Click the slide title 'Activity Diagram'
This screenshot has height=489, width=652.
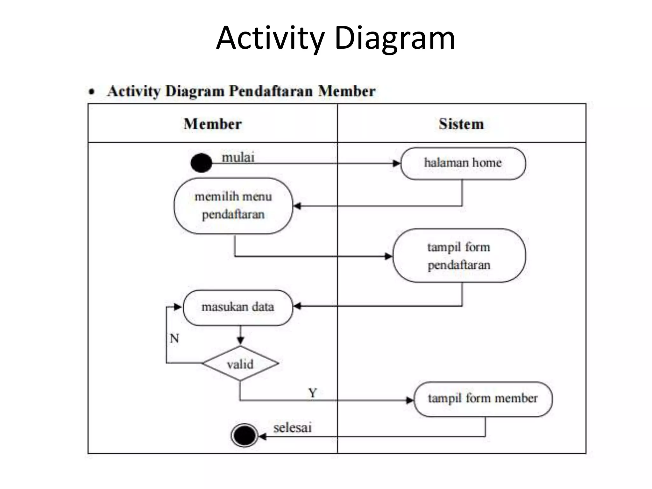(x=336, y=38)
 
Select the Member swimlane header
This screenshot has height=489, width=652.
(x=213, y=124)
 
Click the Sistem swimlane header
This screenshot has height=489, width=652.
(x=461, y=124)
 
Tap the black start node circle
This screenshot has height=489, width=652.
(x=201, y=163)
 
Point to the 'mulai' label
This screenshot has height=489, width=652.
(x=238, y=157)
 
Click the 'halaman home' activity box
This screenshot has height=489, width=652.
(x=463, y=163)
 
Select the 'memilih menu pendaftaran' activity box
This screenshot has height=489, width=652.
(x=233, y=206)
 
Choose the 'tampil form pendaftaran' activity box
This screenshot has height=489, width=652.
(x=459, y=256)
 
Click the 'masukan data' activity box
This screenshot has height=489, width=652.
(x=237, y=307)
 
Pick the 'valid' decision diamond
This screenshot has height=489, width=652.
(x=240, y=364)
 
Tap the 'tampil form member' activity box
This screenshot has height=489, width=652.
(x=483, y=399)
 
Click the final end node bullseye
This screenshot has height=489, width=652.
(x=244, y=435)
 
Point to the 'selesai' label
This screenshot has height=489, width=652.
(x=292, y=428)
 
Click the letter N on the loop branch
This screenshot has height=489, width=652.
(x=174, y=338)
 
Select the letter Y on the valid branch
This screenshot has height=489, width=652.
(x=312, y=393)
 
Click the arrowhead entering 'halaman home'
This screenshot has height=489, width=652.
(x=397, y=163)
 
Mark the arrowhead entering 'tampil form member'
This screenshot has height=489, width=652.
(x=410, y=400)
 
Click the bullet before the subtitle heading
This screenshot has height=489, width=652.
(x=92, y=92)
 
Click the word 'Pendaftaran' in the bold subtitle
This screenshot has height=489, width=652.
(x=271, y=91)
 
